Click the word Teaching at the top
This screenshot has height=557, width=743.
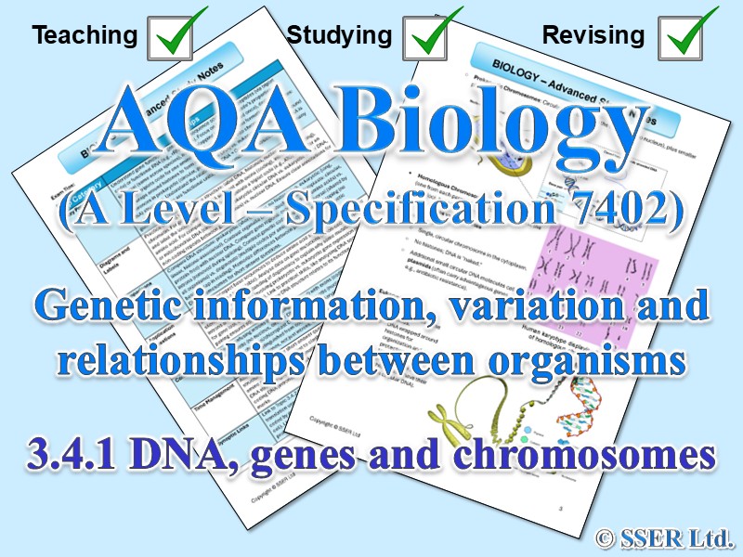[85, 36]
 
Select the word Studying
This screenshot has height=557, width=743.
[339, 36]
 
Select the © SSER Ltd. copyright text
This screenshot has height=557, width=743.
[666, 536]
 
